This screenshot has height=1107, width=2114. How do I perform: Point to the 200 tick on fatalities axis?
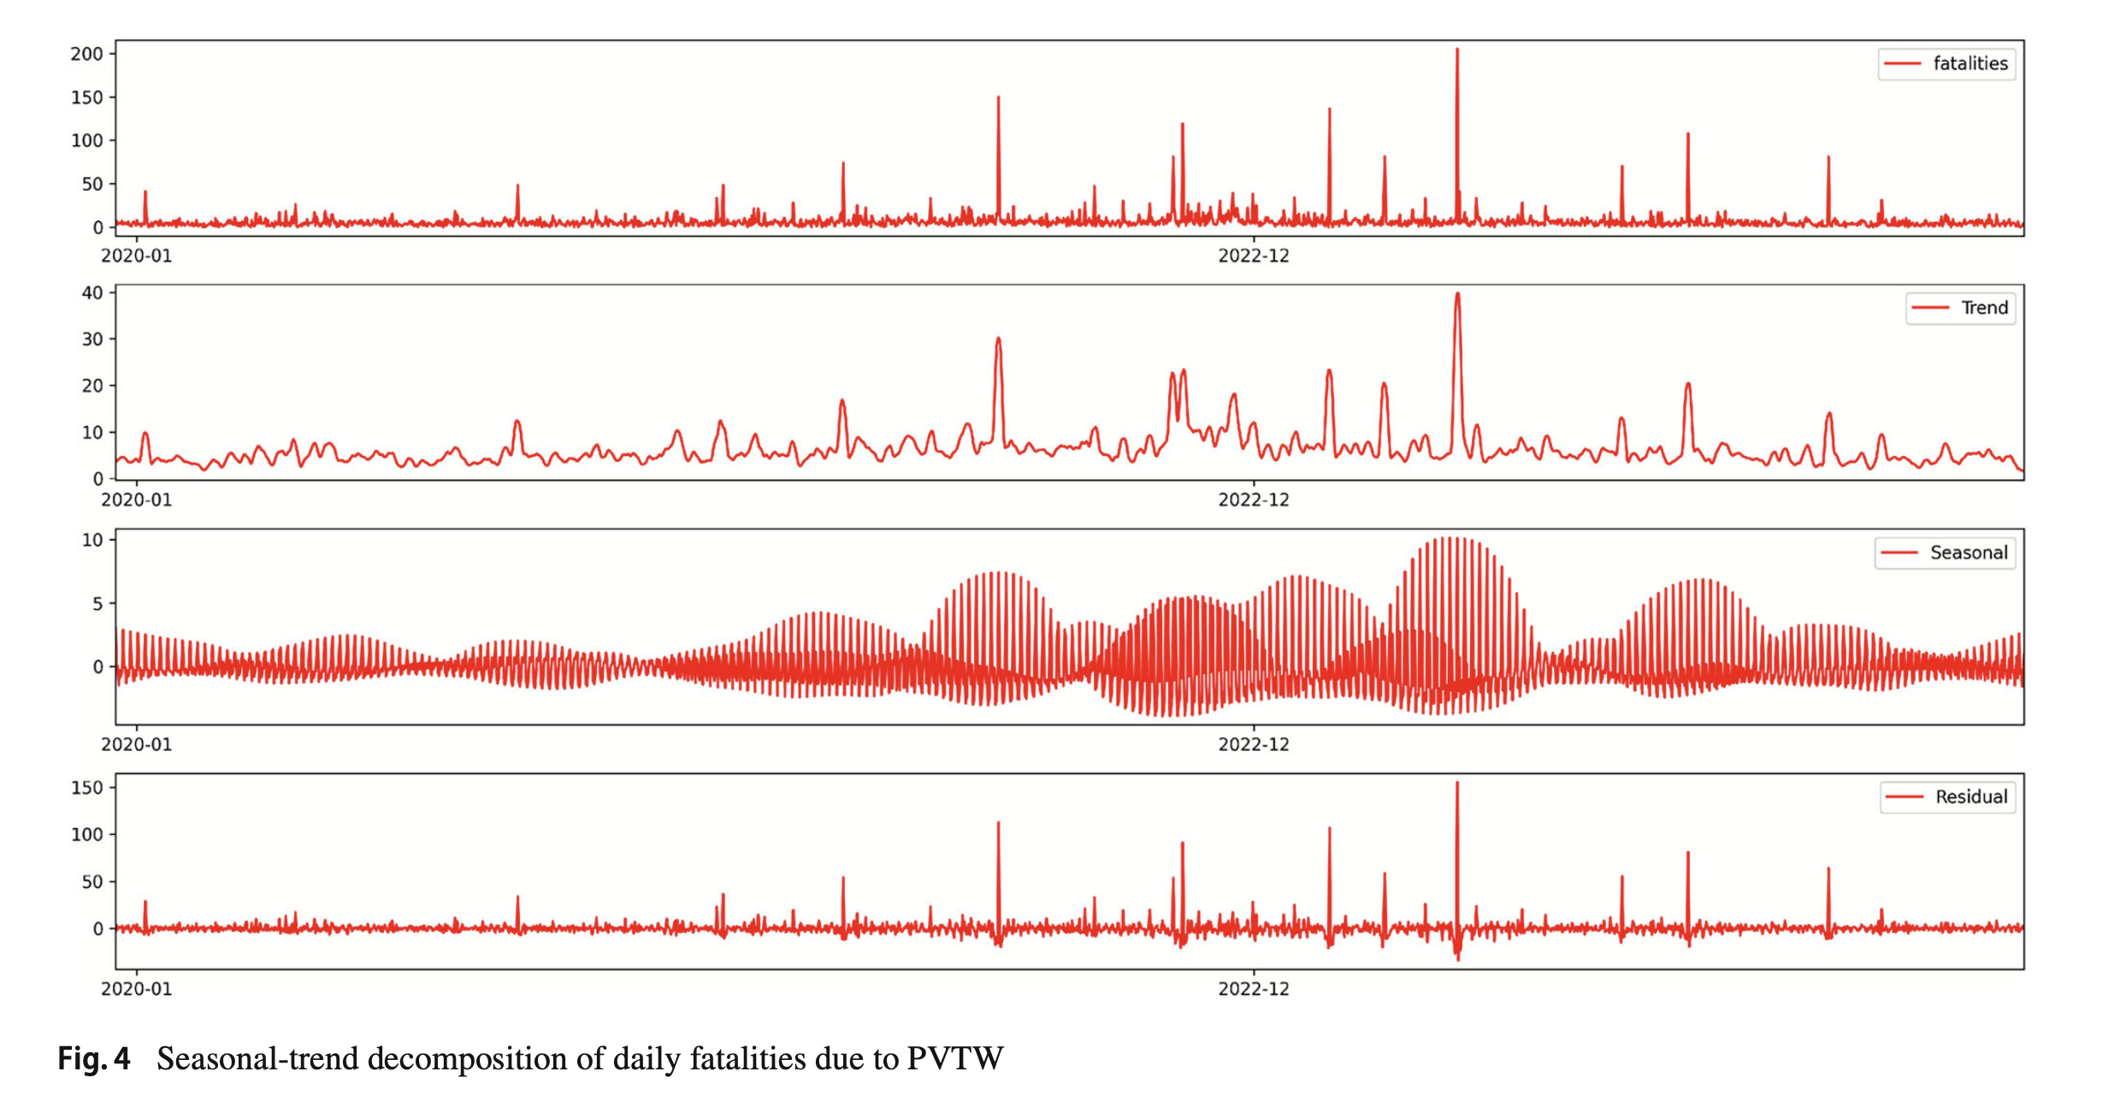(x=86, y=54)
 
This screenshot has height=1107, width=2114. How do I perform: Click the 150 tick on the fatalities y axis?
(x=86, y=98)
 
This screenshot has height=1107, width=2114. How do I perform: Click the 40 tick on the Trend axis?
(x=92, y=293)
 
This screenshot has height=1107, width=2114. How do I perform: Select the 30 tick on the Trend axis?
(x=92, y=339)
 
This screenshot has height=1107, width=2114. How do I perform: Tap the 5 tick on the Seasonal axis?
(x=97, y=604)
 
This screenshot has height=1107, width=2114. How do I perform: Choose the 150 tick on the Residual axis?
(x=86, y=788)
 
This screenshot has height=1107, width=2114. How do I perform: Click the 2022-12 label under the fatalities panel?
(x=1253, y=256)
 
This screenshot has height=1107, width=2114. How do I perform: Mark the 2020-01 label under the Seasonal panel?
(x=137, y=745)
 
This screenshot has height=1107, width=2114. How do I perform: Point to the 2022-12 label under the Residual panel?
(x=1253, y=989)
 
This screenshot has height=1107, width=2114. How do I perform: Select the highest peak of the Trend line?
(x=1457, y=295)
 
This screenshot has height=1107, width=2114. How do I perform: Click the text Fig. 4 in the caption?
(x=94, y=1059)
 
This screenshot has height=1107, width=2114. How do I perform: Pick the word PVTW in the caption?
(x=954, y=1059)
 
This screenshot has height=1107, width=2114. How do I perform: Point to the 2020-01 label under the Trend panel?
(x=137, y=500)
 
